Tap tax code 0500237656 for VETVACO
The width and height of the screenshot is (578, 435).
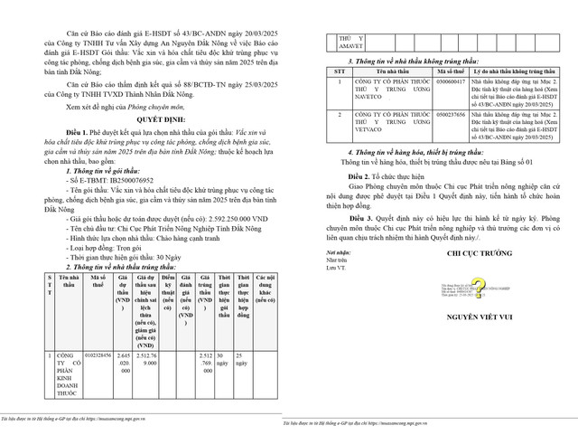pyautogui.click(x=449, y=117)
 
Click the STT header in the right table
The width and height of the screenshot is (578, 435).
pyautogui.click(x=339, y=69)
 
